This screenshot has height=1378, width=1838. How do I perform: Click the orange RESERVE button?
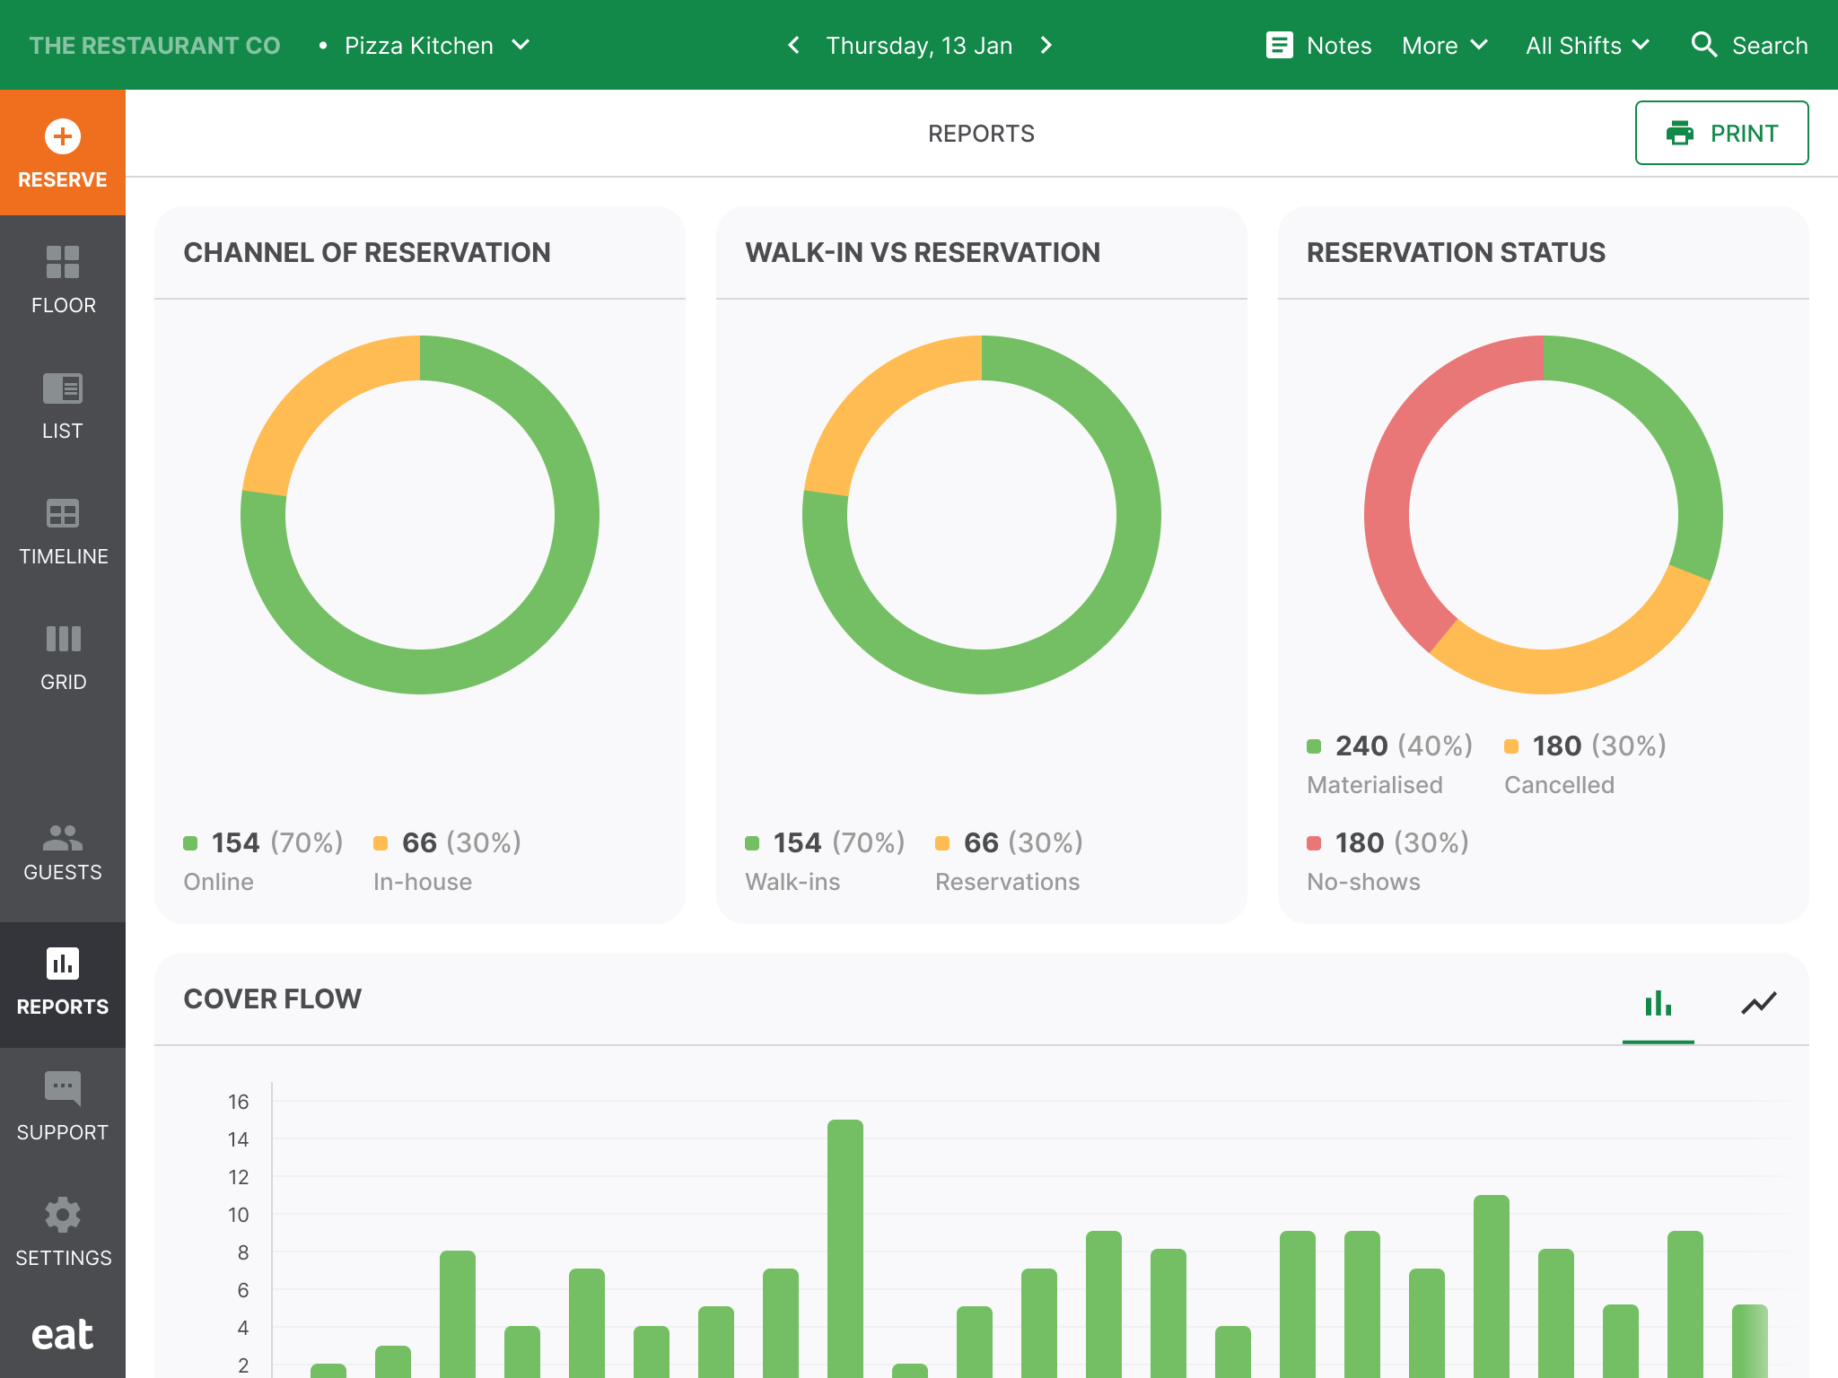[63, 153]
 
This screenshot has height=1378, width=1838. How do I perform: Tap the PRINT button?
[1720, 133]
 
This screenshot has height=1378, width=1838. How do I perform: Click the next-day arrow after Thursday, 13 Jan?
[1046, 46]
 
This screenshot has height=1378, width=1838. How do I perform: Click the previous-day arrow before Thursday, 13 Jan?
[793, 46]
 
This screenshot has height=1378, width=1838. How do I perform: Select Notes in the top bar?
[1318, 46]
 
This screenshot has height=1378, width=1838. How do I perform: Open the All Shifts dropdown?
[1587, 46]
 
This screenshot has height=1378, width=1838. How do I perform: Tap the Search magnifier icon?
[1703, 46]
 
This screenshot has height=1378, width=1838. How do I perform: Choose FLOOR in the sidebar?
[63, 278]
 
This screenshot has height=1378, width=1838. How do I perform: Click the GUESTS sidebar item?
[63, 852]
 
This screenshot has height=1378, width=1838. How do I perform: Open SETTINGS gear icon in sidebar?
[63, 1215]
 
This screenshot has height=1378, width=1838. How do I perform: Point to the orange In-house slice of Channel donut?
[314, 395]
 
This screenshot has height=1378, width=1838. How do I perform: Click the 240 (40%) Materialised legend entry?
[1389, 746]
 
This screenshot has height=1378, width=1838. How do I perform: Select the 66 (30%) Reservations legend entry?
[1009, 843]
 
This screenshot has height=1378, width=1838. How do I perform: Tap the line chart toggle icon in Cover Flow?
[1758, 1003]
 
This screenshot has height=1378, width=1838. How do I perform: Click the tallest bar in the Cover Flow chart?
[845, 1247]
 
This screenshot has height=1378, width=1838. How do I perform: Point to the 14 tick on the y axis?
[238, 1139]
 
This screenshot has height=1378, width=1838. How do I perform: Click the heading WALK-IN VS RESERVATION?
[922, 253]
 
